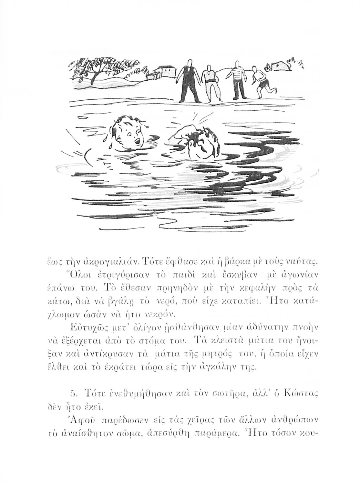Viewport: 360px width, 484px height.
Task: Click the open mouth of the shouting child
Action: click(138, 141)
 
